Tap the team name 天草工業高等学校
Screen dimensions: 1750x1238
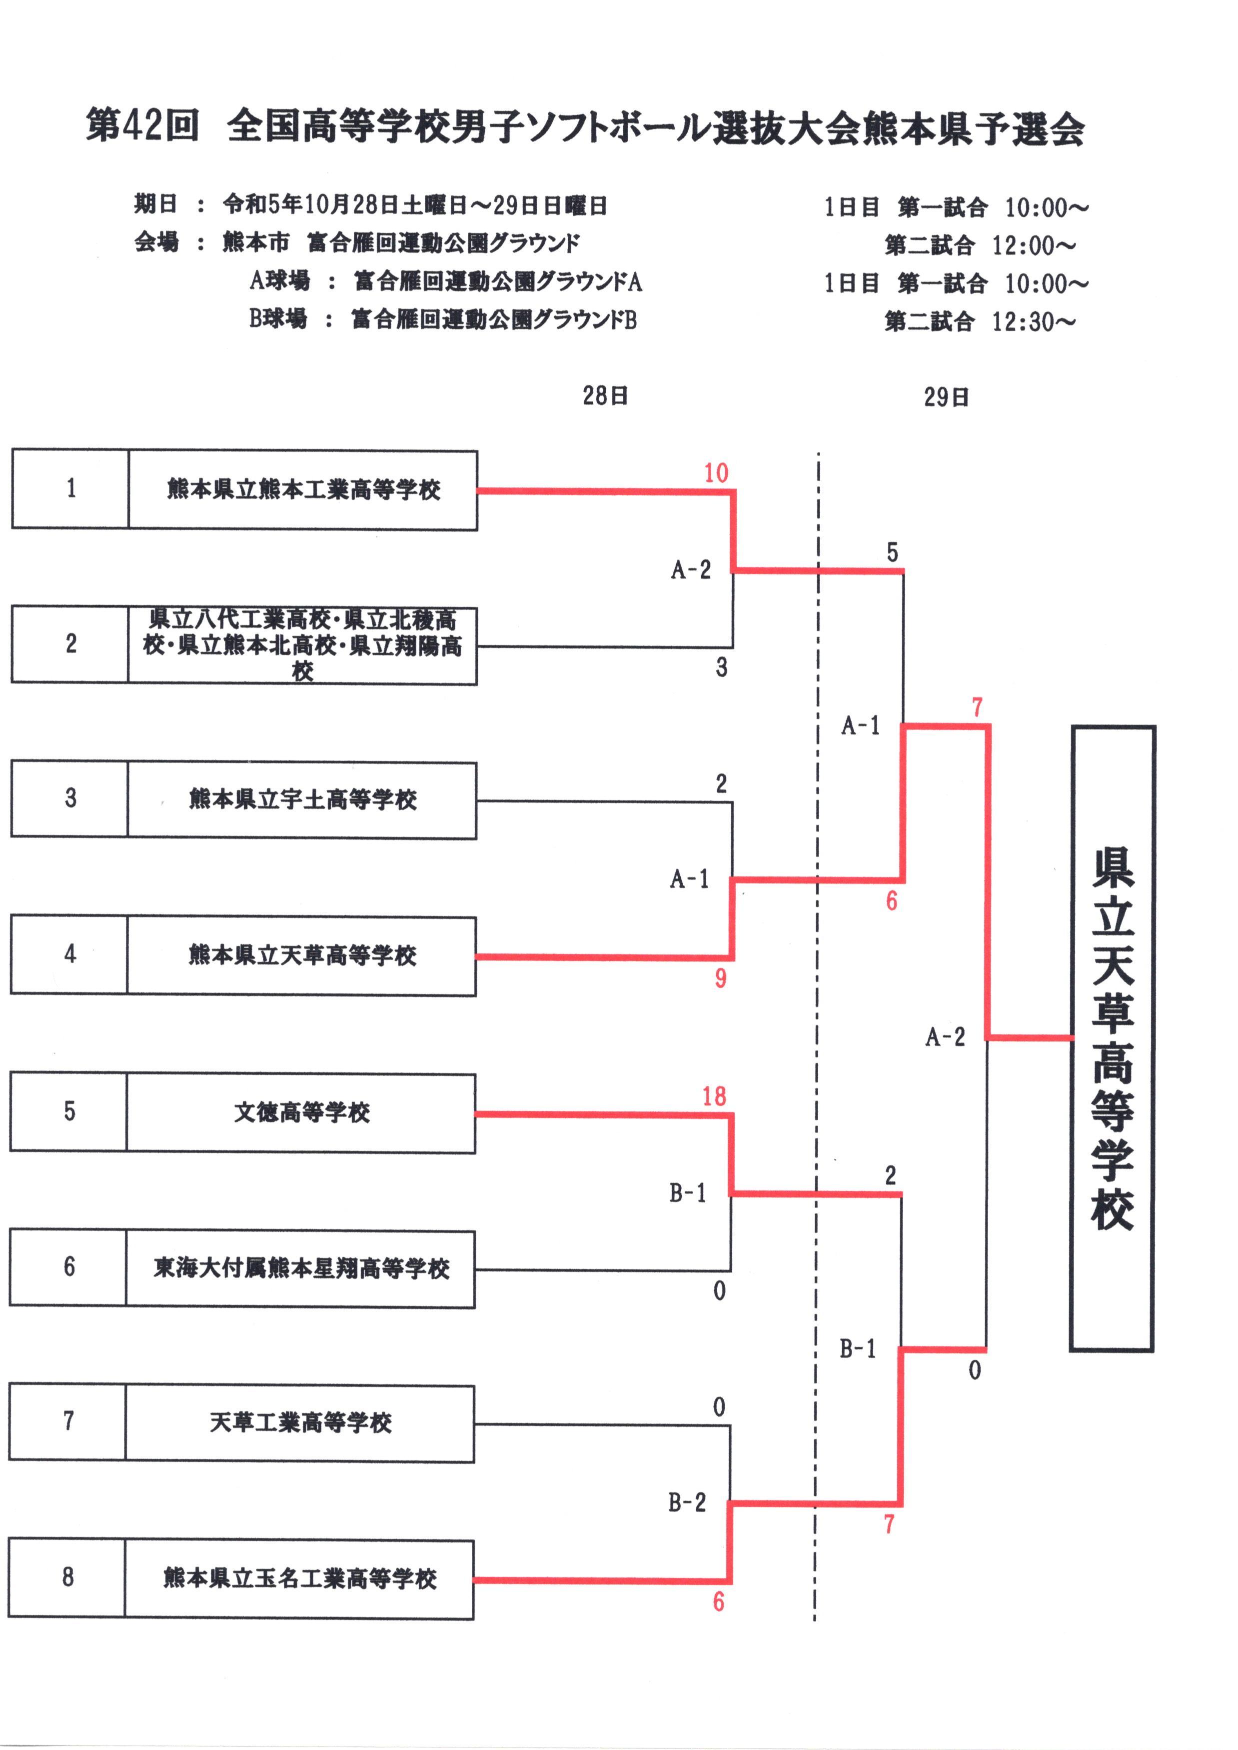coord(300,1422)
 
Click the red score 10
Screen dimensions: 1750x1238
coord(716,473)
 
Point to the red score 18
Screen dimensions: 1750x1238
coord(714,1096)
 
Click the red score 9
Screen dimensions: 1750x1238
coord(720,978)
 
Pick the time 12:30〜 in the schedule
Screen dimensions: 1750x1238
coord(1033,322)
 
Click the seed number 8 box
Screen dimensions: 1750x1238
coord(68,1577)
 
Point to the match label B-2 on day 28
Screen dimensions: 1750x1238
coord(687,1502)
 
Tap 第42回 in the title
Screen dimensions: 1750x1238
coord(142,124)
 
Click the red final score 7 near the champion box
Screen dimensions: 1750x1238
coord(977,707)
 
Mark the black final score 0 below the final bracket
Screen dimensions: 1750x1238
coord(974,1370)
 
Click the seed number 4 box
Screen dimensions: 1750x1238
coord(69,954)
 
